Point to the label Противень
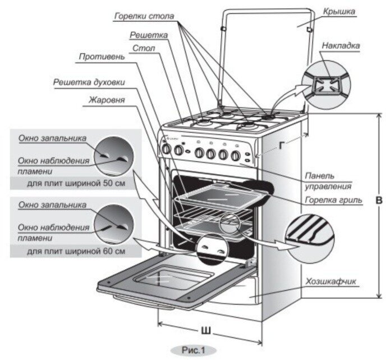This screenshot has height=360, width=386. (98, 57)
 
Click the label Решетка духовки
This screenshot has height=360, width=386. (89, 82)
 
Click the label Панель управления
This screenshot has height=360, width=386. (328, 180)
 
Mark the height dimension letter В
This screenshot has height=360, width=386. (379, 201)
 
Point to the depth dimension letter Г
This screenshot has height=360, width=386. (281, 145)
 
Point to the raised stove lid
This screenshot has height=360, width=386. (264, 56)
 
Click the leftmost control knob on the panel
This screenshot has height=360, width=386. (166, 150)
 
